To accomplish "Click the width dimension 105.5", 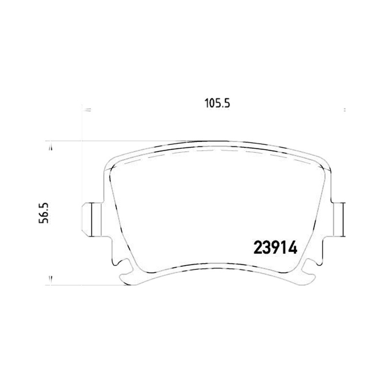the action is tap(217, 103).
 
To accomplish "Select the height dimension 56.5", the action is tap(44, 213).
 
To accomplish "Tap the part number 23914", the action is tap(276, 248).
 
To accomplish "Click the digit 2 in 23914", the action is tap(258, 248).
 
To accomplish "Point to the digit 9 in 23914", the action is tap(276, 248).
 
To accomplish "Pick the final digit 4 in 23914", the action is tap(293, 248).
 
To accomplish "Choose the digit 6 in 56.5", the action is tap(44, 213).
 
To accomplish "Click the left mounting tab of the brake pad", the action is tap(92, 219).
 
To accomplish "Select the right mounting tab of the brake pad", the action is tap(338, 219).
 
